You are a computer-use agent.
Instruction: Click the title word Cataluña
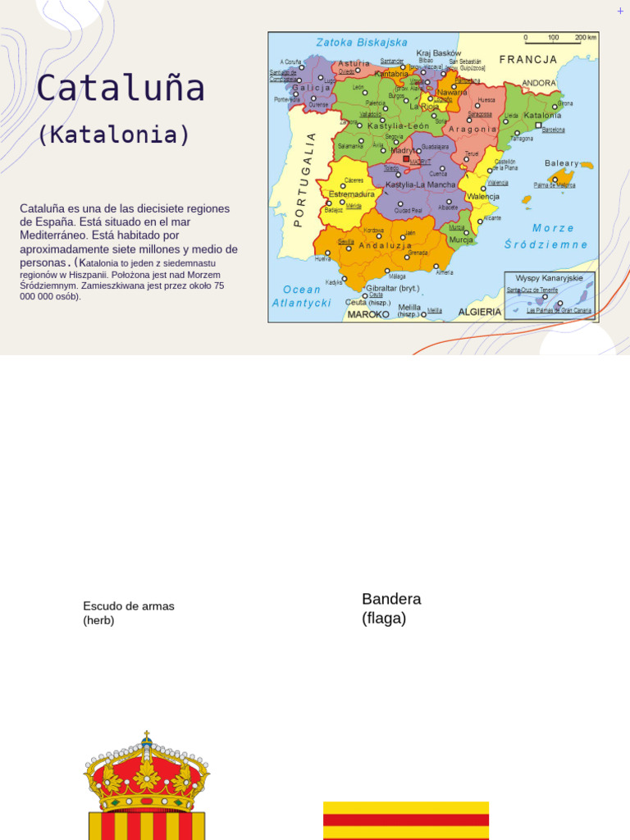point(120,89)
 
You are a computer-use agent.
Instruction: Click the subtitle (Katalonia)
point(113,135)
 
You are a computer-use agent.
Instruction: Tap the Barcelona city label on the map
point(554,130)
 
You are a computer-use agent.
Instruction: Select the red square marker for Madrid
point(405,159)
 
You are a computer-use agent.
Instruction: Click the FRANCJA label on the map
point(528,60)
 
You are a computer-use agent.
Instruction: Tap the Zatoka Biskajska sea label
point(362,42)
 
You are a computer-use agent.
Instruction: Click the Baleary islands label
point(562,163)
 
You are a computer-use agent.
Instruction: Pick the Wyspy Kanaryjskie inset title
point(549,278)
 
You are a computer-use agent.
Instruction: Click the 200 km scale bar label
point(586,38)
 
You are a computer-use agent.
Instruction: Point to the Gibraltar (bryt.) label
point(392,289)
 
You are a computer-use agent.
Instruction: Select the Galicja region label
point(312,88)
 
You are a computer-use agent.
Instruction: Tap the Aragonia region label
point(472,129)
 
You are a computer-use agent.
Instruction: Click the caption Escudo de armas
point(129,606)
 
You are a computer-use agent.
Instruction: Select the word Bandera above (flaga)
point(391,599)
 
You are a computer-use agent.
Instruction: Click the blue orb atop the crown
point(147,740)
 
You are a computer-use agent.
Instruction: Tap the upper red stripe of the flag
point(406,819)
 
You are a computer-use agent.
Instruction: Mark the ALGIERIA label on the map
point(480,313)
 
